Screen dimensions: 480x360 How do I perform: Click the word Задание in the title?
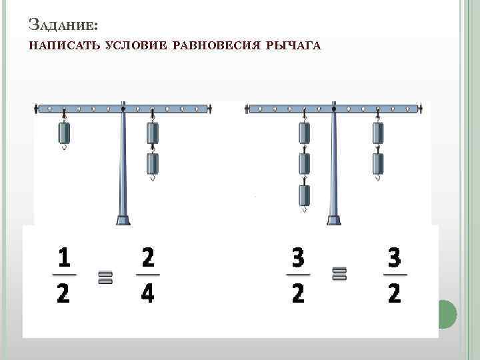63,25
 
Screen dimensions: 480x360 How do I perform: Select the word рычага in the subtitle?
293,45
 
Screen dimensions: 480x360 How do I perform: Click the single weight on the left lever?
64,133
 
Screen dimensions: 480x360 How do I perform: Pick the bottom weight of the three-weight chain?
304,195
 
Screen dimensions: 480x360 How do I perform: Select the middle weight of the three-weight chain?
304,164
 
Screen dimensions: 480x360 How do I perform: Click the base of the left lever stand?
123,220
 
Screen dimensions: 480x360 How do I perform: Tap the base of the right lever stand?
334,220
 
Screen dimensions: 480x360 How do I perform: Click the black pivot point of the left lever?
123,109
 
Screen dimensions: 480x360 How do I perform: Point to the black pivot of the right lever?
334,109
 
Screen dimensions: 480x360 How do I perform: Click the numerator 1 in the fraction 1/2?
64,257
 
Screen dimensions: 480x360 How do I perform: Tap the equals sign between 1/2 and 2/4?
105,277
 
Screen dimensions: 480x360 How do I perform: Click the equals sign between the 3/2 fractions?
339,274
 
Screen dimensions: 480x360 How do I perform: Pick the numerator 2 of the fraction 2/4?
148,257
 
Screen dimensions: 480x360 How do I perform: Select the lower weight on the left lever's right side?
153,164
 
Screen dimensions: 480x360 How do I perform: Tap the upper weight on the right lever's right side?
378,133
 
